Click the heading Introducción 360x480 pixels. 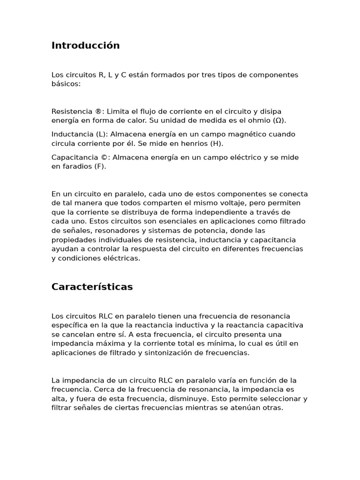pyautogui.click(x=85, y=45)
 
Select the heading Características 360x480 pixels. pyautogui.click(x=92, y=287)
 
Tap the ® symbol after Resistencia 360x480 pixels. pyautogui.click(x=97, y=112)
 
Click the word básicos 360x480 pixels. pyautogui.click(x=66, y=84)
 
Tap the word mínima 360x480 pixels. pyautogui.click(x=206, y=344)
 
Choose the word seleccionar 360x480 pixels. pyautogui.click(x=276, y=398)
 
